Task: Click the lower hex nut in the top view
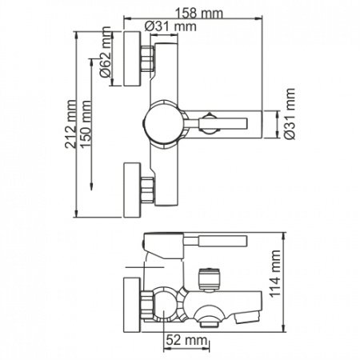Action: click(x=148, y=190)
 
